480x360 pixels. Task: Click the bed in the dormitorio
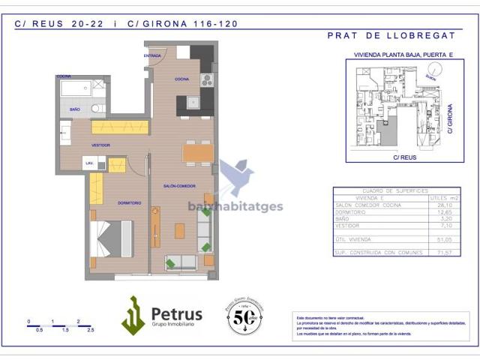pos(110,239)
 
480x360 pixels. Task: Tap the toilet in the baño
pos(96,108)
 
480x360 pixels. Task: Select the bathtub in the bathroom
pos(76,89)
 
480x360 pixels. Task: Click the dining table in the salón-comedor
pos(198,153)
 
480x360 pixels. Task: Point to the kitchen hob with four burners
pos(206,79)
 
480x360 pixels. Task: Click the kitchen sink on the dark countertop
pos(193,103)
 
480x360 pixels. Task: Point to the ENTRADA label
pos(153,56)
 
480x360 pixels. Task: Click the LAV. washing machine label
pos(89,163)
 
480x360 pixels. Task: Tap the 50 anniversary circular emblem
pos(244,316)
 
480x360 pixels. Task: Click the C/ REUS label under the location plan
pos(404,157)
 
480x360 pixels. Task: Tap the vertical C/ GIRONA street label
pos(449,119)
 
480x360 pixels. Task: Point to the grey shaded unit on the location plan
pos(388,131)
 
